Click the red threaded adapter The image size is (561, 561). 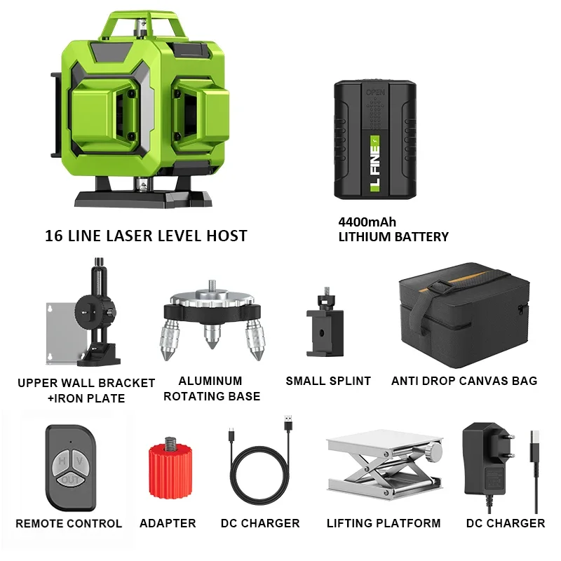170,468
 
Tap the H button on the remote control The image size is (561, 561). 62,461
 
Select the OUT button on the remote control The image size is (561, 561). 71,480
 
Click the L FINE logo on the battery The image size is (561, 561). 374,164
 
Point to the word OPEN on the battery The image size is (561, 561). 375,93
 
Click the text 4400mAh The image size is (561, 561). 367,222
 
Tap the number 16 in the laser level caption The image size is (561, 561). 54,236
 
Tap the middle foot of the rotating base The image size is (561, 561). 212,337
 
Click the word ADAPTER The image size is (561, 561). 168,523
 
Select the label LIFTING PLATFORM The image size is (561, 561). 384,523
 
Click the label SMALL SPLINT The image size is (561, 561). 328,381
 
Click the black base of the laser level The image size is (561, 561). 143,196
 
